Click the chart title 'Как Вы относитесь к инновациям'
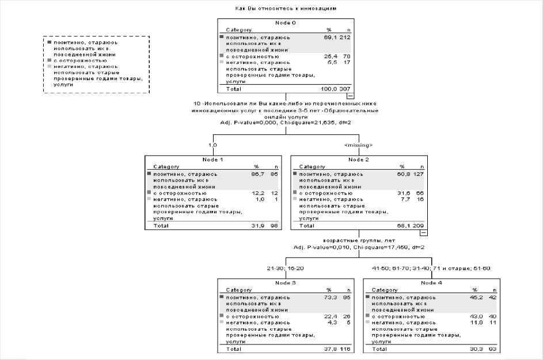click(x=286, y=9)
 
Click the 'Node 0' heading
click(x=286, y=22)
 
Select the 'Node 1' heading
click(x=212, y=160)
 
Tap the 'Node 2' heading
click(x=359, y=160)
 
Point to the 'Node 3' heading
click(x=286, y=283)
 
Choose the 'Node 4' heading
click(x=432, y=283)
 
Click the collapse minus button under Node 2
click(x=423, y=233)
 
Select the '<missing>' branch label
click(x=358, y=145)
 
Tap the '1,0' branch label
click(x=212, y=145)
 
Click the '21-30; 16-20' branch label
click(x=285, y=268)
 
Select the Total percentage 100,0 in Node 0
click(x=326, y=89)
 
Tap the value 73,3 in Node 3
click(x=329, y=297)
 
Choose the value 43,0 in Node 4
click(x=475, y=317)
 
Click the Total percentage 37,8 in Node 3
click(x=329, y=349)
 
